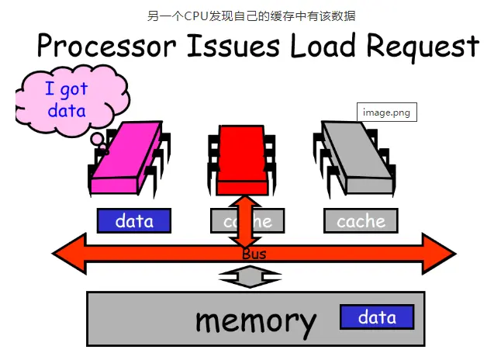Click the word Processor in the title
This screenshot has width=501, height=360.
105,47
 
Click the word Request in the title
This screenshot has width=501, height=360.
422,47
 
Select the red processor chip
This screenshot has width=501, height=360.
241,159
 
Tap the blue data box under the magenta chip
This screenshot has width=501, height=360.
134,221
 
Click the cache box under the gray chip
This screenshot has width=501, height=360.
361,221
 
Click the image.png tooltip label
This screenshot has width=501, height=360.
385,112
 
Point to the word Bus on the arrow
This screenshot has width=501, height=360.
254,254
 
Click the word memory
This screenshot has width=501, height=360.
255,320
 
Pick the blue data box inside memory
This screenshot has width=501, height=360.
376,317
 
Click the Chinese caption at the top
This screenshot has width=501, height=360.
250,16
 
